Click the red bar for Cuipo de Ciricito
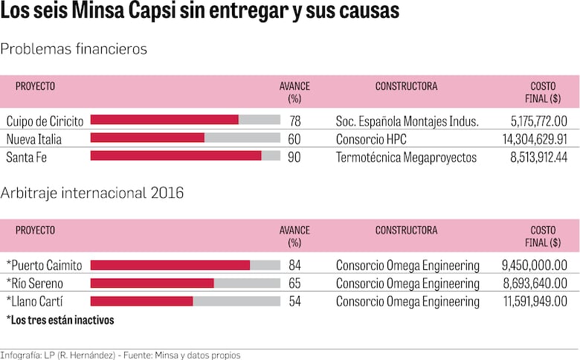tap(164, 120)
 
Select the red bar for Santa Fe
tap(175, 155)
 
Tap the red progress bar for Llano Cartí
tap(141, 301)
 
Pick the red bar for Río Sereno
tap(152, 283)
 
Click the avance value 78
tap(295, 120)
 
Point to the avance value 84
tap(295, 266)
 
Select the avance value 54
tap(295, 301)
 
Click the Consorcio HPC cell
tap(371, 139)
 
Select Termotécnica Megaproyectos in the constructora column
tap(406, 157)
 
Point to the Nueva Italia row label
tap(34, 139)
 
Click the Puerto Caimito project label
tap(44, 266)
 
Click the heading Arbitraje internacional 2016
tap(92, 193)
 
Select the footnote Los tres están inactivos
tap(59, 320)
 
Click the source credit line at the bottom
tap(120, 355)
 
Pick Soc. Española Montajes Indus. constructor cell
tap(407, 120)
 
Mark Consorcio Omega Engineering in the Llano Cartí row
tap(407, 301)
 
